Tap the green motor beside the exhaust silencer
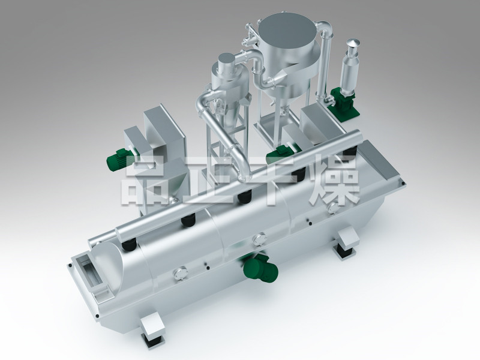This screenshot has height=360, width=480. [343, 100]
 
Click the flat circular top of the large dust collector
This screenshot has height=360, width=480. [286, 31]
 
